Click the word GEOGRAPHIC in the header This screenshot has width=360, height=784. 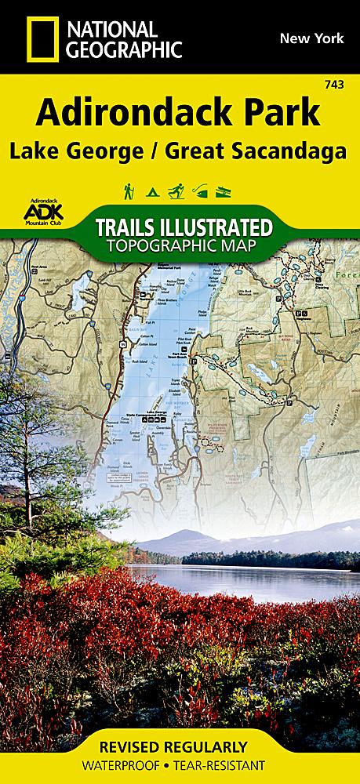tap(124, 50)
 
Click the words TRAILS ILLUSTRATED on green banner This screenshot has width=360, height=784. tap(184, 228)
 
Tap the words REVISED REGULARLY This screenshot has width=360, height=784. tap(180, 746)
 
